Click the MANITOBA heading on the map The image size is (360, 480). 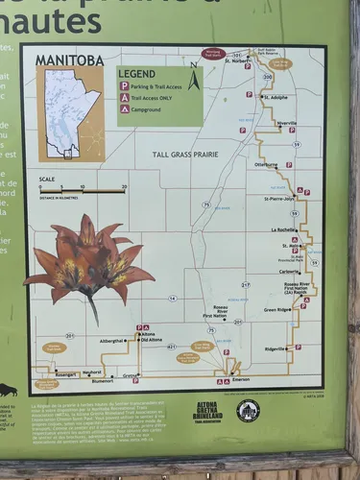point(69,60)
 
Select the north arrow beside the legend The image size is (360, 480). point(194,78)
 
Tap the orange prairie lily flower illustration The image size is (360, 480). point(88,263)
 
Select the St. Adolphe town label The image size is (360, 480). point(274,97)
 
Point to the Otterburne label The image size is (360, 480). point(265,165)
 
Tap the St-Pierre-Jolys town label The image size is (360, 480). point(280,200)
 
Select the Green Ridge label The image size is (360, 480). point(276,309)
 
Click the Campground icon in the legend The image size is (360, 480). point(124,109)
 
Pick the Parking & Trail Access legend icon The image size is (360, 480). point(124,86)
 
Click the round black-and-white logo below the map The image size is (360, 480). point(248,411)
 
